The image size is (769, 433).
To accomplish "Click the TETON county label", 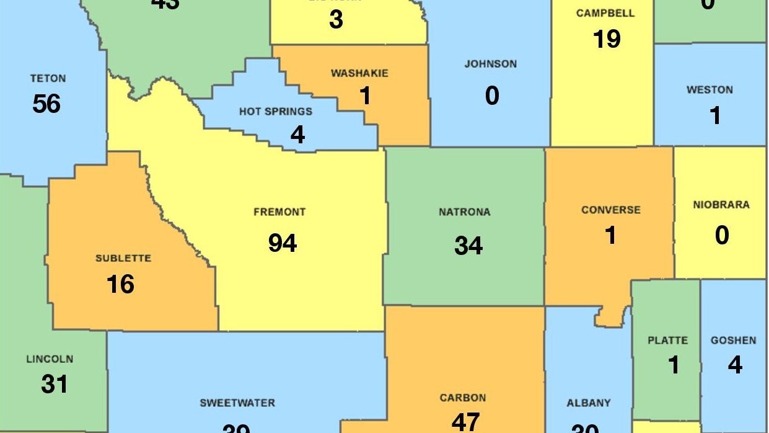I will point(48,79).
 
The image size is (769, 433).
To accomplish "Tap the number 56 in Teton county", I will point(46,104).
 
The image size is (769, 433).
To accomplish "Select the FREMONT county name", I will point(279,212).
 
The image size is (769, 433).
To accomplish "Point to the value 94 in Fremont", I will point(283,243).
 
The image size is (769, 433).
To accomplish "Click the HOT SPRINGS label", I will point(276,112).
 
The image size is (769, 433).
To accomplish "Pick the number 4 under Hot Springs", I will point(297,135).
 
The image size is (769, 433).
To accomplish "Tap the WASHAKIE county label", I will point(359,73).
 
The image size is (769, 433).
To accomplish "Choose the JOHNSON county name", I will point(490,64).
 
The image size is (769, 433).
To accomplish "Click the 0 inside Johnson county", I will point(492,96).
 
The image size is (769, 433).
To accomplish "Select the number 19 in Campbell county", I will point(607,39).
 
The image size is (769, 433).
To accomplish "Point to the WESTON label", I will point(710,90).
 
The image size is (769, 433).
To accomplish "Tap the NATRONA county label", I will point(464,212).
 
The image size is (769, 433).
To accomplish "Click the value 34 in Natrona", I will point(468,245).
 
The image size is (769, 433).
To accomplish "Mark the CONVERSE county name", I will point(610,210).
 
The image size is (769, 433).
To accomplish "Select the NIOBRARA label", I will point(721,205).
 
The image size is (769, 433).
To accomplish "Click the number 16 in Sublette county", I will point(120,284).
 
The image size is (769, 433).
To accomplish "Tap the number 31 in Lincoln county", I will point(55,384).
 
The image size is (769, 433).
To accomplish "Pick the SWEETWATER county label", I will point(237,403).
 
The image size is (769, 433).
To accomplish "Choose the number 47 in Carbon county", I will point(465,421).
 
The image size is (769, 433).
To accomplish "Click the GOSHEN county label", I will point(733,341).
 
